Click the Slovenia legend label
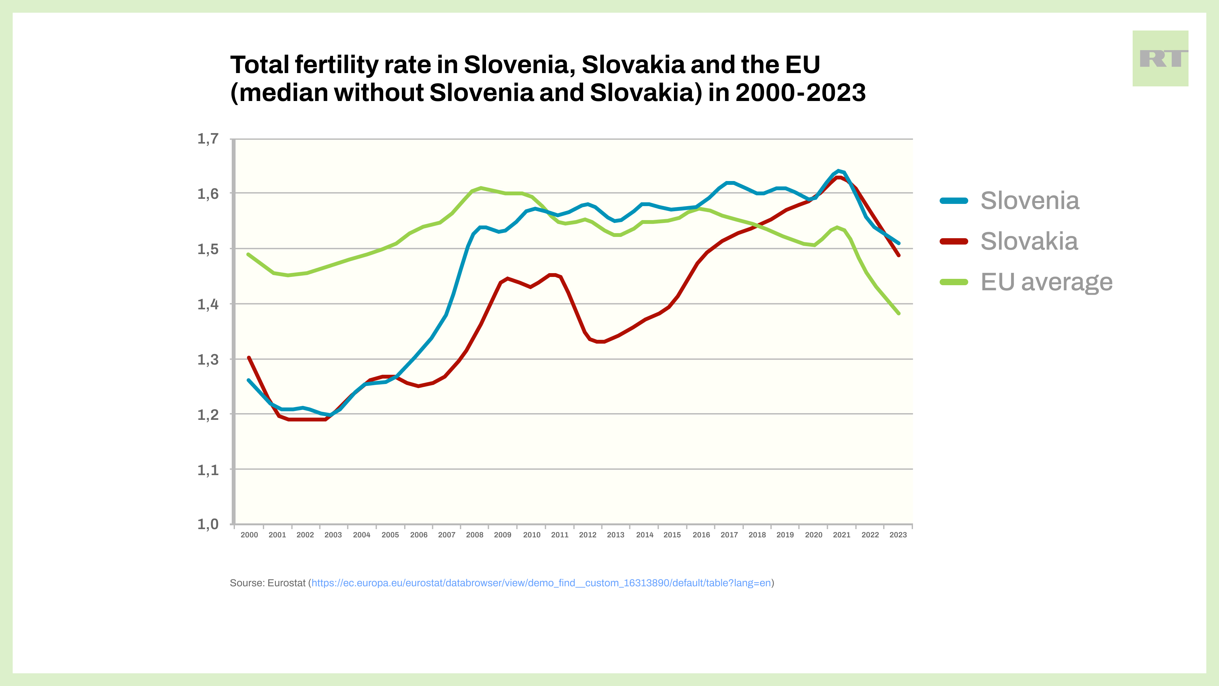click(1030, 201)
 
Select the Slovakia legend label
click(1029, 241)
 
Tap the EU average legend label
click(1046, 282)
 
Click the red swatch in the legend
click(954, 241)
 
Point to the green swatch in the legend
click(954, 282)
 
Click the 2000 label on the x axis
click(250, 535)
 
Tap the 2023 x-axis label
click(898, 535)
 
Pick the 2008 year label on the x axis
click(475, 535)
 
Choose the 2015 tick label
click(672, 535)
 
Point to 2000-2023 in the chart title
click(800, 93)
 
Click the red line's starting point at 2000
click(249, 358)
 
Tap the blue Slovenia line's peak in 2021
click(838, 171)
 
